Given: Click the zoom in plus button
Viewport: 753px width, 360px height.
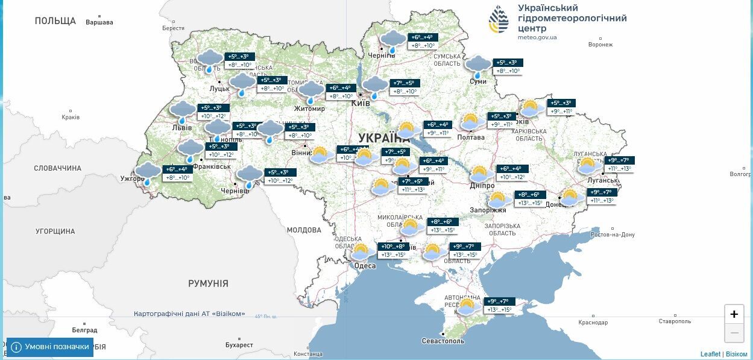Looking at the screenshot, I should point(734,314).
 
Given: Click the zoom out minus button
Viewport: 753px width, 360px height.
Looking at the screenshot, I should point(734,332).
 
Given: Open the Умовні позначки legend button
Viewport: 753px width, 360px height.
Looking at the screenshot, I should point(50,347).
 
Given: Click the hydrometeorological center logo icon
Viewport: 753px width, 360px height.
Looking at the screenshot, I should point(498,19).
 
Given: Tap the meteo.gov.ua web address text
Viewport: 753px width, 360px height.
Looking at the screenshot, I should point(537,37).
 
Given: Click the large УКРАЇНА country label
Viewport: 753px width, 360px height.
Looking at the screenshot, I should point(383,137).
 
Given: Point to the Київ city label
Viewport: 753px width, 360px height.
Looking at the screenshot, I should point(361,104).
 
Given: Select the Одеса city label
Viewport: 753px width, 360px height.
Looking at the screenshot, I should point(365,266).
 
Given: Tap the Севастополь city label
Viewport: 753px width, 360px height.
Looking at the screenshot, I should point(443,341).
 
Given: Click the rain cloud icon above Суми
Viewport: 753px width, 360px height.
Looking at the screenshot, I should point(479,65).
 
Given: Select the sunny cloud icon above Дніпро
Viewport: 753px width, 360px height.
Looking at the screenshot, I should point(480,175).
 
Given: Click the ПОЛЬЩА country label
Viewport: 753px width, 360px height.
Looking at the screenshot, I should point(55,21).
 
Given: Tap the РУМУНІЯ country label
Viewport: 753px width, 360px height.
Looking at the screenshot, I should point(208,283).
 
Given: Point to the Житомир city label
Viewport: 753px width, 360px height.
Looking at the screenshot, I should point(309,109).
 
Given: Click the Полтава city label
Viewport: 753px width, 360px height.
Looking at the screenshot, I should point(471,137).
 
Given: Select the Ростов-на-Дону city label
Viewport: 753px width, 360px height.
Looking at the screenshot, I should point(613,235).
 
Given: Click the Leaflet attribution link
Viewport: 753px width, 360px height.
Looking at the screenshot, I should point(710,354).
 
